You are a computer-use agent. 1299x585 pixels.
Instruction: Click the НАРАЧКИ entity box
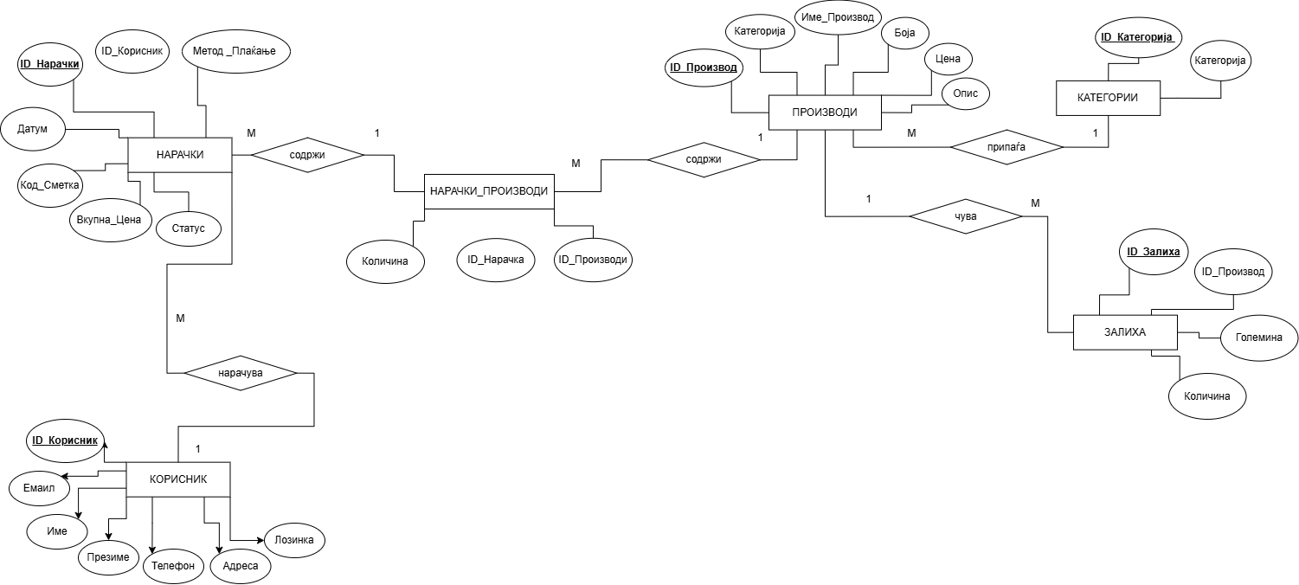click(x=179, y=155)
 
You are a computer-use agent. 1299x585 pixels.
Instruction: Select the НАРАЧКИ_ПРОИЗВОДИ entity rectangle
click(x=489, y=190)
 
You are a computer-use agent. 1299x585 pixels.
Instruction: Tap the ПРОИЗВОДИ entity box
click(x=825, y=112)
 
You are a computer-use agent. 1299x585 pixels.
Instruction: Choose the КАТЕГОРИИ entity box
click(x=1108, y=98)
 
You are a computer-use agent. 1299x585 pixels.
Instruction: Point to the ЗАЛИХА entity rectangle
click(x=1124, y=332)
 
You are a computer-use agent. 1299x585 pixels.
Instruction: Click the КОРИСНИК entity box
click(x=178, y=479)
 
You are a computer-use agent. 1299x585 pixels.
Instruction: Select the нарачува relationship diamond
click(x=241, y=373)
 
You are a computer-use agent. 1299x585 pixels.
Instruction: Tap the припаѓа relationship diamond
click(x=1006, y=148)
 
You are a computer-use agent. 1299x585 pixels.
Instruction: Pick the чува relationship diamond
click(x=965, y=216)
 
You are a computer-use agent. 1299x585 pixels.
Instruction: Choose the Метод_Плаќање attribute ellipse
click(x=236, y=52)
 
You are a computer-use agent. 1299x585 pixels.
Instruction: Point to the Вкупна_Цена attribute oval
click(x=109, y=219)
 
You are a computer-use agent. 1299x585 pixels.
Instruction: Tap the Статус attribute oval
click(x=188, y=228)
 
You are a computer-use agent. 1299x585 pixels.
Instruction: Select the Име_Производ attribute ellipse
click(x=838, y=17)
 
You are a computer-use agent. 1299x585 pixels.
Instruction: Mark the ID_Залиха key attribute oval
click(x=1154, y=252)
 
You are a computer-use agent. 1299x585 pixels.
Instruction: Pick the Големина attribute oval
click(x=1251, y=337)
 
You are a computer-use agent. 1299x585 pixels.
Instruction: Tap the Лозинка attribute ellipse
click(x=294, y=540)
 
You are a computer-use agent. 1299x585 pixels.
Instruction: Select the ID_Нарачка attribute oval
click(x=495, y=259)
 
